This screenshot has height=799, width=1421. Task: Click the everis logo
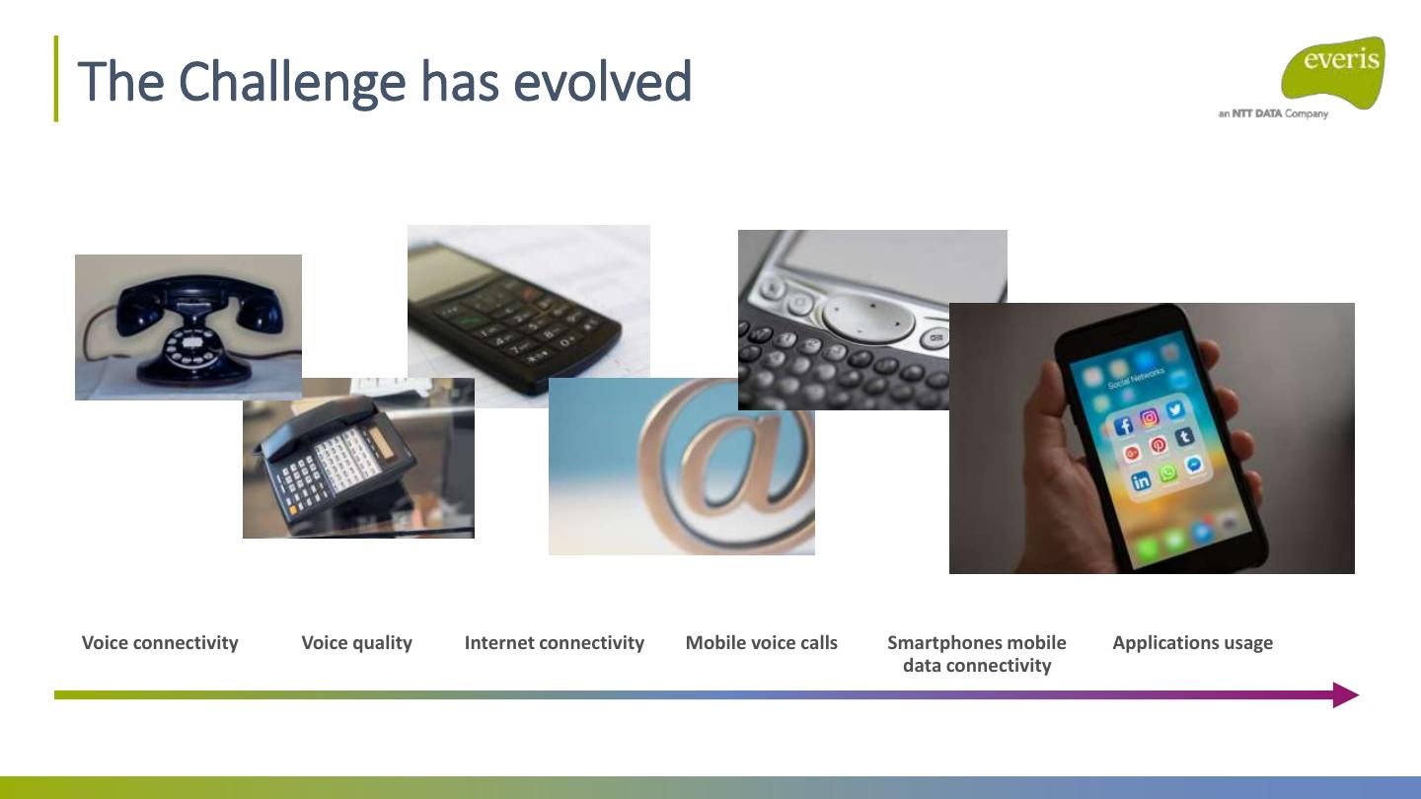(x=1333, y=73)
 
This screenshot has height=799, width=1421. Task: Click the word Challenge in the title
(x=292, y=83)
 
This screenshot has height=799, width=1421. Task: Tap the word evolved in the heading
(x=602, y=82)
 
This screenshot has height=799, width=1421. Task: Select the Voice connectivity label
(x=160, y=643)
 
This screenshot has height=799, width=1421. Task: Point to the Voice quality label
(x=356, y=643)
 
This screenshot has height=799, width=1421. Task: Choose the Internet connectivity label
(x=555, y=643)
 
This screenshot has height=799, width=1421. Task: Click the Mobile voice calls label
(x=761, y=643)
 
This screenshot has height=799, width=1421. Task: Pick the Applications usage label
(x=1193, y=643)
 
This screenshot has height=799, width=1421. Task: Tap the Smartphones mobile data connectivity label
(x=977, y=654)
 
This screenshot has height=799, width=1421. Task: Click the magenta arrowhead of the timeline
(x=1346, y=695)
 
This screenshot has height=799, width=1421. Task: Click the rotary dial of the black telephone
(x=191, y=348)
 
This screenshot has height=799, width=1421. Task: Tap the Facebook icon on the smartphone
(x=1123, y=426)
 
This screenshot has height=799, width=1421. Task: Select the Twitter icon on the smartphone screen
(x=1175, y=410)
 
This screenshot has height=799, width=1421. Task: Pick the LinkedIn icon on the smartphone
(x=1141, y=481)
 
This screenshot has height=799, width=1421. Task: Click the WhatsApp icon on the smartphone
(x=1167, y=473)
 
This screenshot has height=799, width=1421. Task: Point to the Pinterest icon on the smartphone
(x=1159, y=445)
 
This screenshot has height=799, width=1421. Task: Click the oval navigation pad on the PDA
(x=868, y=317)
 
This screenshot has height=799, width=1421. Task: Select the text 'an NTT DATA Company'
(x=1273, y=114)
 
